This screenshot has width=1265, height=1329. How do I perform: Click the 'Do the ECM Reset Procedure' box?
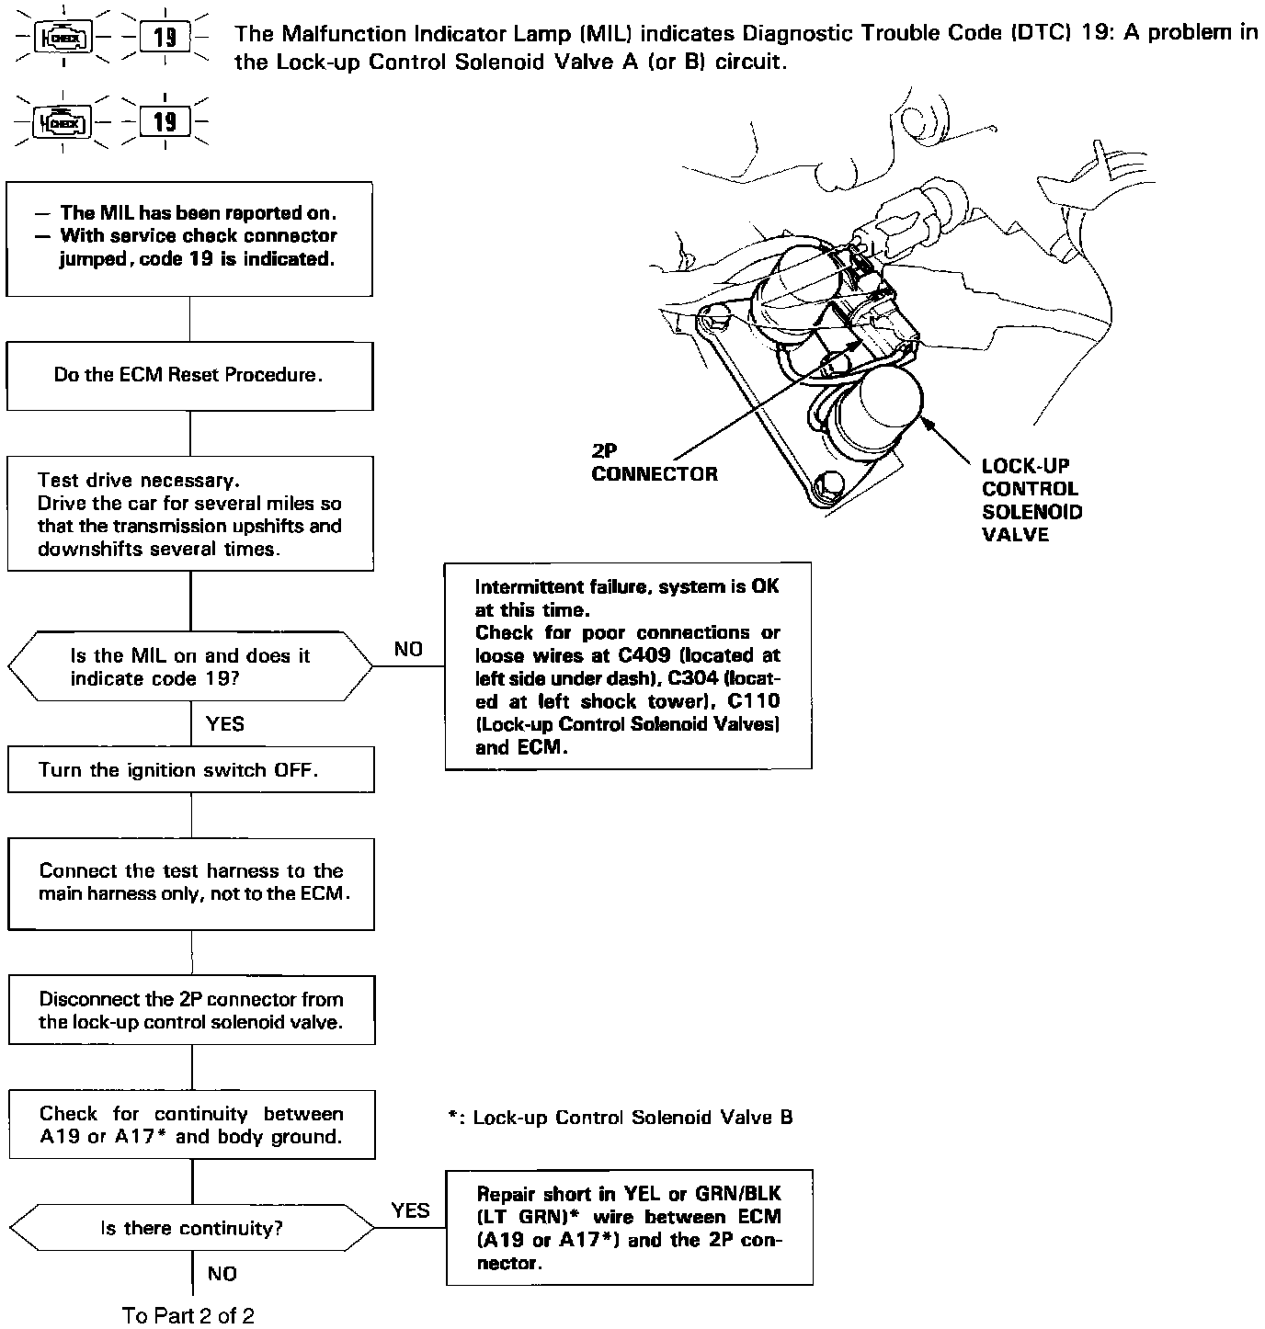click(189, 375)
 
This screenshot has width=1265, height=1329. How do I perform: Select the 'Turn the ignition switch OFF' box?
click(191, 769)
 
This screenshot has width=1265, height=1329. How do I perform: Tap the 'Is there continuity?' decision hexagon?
click(191, 1228)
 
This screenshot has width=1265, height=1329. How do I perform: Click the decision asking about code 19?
click(190, 667)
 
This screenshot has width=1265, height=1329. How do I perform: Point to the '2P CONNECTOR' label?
click(654, 463)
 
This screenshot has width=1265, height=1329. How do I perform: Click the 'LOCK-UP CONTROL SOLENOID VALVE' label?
click(1031, 500)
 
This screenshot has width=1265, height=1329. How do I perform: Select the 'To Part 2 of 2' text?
click(188, 1315)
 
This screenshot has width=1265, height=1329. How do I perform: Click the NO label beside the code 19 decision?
click(408, 649)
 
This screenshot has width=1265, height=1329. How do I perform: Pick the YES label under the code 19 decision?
click(225, 724)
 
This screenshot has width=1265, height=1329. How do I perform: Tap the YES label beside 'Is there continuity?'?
click(410, 1210)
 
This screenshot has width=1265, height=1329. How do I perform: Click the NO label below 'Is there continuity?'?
click(222, 1274)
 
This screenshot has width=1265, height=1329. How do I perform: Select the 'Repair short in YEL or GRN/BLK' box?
click(629, 1227)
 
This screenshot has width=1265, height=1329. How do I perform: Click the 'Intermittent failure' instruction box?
click(628, 665)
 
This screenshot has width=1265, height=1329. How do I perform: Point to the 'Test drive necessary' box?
click(190, 514)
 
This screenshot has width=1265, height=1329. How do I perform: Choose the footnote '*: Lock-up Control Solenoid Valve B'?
click(621, 1118)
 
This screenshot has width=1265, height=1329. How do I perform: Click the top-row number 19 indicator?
click(165, 38)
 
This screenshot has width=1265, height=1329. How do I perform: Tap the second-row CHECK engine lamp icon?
click(63, 122)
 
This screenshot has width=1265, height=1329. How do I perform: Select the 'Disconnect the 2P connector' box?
click(191, 1010)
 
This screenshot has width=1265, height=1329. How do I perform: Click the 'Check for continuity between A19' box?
click(191, 1124)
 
